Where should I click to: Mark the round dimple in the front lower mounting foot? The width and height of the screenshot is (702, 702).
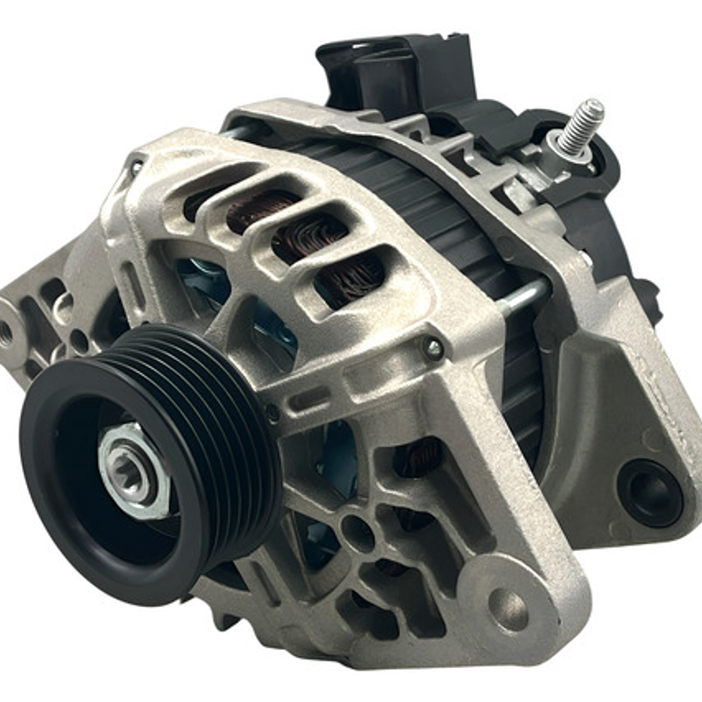coord(508,609)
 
